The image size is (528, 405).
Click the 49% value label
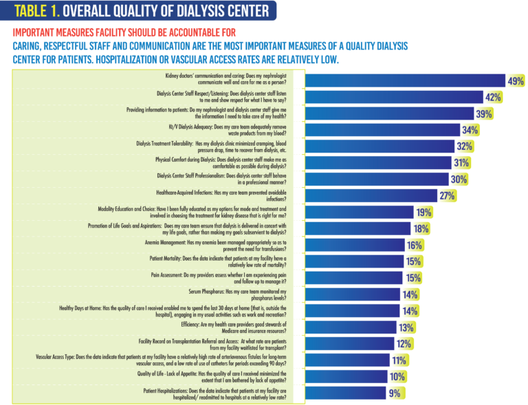(x=515, y=82)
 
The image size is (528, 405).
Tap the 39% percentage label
(x=485, y=114)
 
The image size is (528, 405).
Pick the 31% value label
(x=461, y=163)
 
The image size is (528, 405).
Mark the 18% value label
(x=421, y=228)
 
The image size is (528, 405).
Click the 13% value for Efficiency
(x=406, y=327)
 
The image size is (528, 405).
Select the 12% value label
(x=403, y=343)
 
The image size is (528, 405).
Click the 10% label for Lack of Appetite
(x=397, y=376)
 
